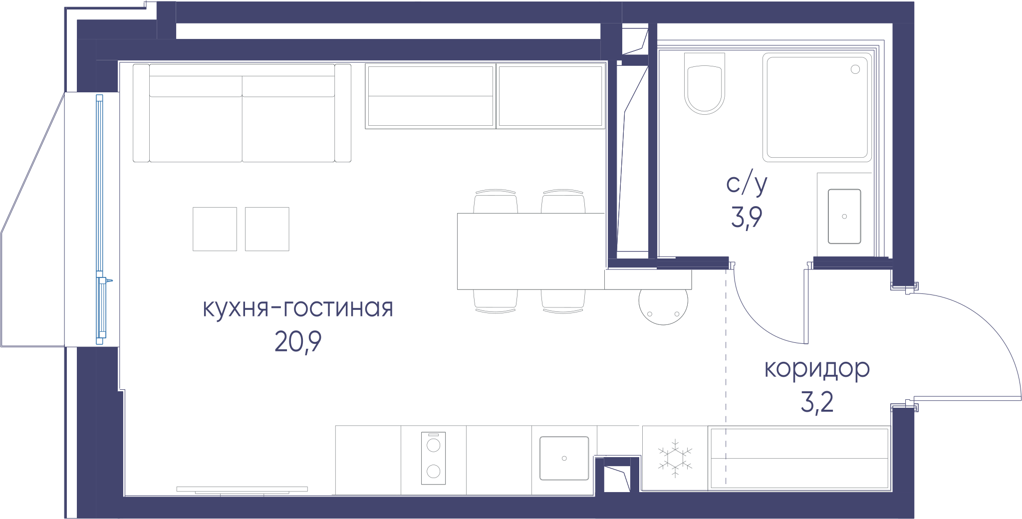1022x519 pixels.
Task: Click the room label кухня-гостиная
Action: coord(298,308)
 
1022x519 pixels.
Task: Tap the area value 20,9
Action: coord(298,342)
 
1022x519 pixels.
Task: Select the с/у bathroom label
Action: coord(747,184)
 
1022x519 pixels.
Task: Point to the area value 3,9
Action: coord(747,218)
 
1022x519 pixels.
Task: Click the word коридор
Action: coord(817,369)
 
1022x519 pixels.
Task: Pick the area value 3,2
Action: coord(817,402)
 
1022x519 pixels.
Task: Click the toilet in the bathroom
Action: coord(704,84)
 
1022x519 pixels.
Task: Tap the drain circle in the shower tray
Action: coord(855,69)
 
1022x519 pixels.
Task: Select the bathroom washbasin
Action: coord(844,216)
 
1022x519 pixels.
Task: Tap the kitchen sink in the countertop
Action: coord(564,458)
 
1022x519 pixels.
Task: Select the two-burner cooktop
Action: coord(433,458)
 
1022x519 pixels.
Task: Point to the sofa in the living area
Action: coord(242,113)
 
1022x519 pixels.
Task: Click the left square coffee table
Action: coord(215,229)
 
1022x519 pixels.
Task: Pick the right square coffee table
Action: coord(267,229)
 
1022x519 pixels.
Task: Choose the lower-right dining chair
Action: coord(563,301)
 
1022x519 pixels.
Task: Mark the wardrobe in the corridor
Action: coord(799,458)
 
